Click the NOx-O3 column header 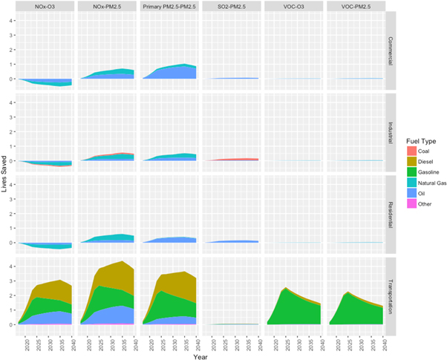pyautogui.click(x=48, y=6)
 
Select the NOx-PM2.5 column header pyautogui.click(x=108, y=6)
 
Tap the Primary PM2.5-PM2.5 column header pyautogui.click(x=169, y=6)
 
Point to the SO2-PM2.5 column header pyautogui.click(x=230, y=6)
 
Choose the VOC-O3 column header pyautogui.click(x=291, y=6)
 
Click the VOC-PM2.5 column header pyautogui.click(x=352, y=6)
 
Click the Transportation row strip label pyautogui.click(x=389, y=295)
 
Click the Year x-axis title pyautogui.click(x=200, y=354)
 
